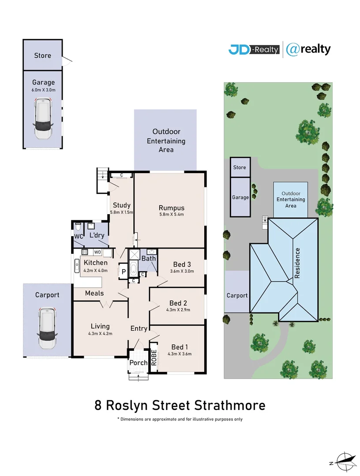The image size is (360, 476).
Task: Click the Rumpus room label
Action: click(x=171, y=208)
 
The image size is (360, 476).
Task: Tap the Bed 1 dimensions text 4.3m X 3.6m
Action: click(x=180, y=353)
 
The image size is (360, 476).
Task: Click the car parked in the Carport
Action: click(x=47, y=328)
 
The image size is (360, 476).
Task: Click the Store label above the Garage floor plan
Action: click(x=43, y=56)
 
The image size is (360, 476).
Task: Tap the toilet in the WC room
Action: click(x=78, y=227)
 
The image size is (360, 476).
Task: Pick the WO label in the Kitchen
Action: click(x=96, y=252)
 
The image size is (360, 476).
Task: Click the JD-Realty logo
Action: click(x=254, y=49)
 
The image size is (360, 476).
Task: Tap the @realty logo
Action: click(x=308, y=49)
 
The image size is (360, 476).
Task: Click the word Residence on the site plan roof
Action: click(x=297, y=263)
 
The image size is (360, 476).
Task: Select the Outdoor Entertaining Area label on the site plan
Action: click(x=291, y=200)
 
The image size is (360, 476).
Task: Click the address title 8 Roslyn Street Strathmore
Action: click(x=180, y=405)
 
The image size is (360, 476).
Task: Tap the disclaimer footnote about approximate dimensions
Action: click(x=180, y=419)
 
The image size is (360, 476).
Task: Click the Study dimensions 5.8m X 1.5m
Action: click(x=121, y=212)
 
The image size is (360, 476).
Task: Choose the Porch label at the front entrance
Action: click(x=138, y=363)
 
